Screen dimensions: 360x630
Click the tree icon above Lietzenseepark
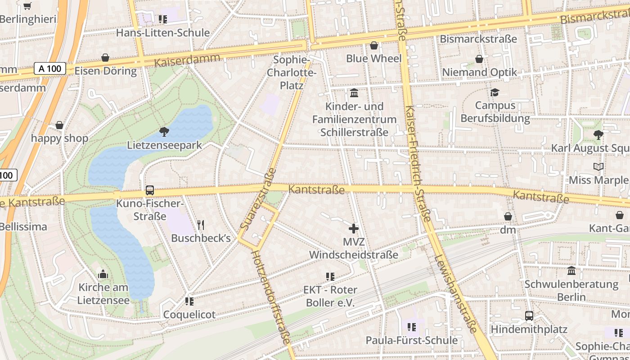pos(164,132)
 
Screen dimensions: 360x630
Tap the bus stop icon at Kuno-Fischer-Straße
pos(150,190)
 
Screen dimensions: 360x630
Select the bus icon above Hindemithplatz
pos(529,316)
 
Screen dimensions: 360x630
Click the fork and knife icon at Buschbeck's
pos(201,225)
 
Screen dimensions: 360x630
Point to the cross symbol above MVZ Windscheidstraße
pos(354,229)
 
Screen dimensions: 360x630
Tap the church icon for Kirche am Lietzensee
pos(103,274)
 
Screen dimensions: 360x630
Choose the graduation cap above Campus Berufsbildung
pos(495,92)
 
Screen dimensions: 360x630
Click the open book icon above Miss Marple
pos(598,167)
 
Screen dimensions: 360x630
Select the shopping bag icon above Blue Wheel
pos(373,45)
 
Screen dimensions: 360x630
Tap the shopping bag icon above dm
pos(508,216)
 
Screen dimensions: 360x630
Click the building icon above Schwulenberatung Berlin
pos(571,271)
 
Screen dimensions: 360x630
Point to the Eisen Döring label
pos(105,71)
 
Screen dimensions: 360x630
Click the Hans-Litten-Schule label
pos(163,33)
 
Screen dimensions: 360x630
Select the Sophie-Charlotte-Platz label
pos(292,72)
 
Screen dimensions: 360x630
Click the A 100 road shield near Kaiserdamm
pos(50,69)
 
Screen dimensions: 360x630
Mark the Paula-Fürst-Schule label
pos(412,340)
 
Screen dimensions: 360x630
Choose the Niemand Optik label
pos(480,72)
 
